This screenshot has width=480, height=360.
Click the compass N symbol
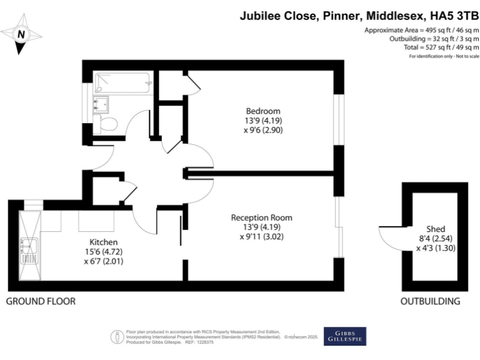coord(21,35)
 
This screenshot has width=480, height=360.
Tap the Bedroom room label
coord(262,111)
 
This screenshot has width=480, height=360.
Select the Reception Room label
coord(261,217)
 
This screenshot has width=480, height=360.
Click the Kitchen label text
coord(103,242)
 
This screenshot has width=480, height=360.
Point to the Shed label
coord(436,229)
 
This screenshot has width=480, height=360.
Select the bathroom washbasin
coord(101,103)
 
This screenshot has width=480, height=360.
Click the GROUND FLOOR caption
coord(41,301)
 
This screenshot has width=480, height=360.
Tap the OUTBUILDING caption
coord(431,301)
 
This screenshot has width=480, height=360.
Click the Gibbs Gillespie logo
coord(344,336)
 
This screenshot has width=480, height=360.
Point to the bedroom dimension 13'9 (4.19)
coord(262,121)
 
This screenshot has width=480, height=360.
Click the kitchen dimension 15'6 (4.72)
coord(103,252)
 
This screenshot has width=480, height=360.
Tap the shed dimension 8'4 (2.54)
coord(436,238)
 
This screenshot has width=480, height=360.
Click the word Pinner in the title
coord(339,16)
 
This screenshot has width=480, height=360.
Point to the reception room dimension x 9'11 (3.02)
coord(261,237)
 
